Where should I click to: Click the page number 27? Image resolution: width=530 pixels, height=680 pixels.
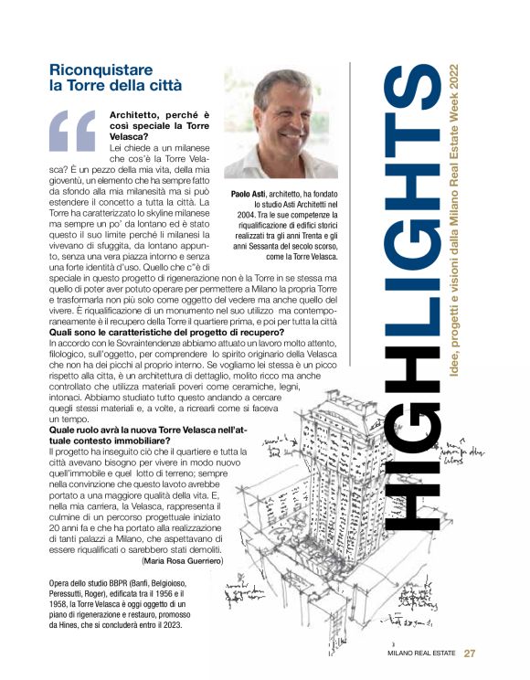tap(470, 653)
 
